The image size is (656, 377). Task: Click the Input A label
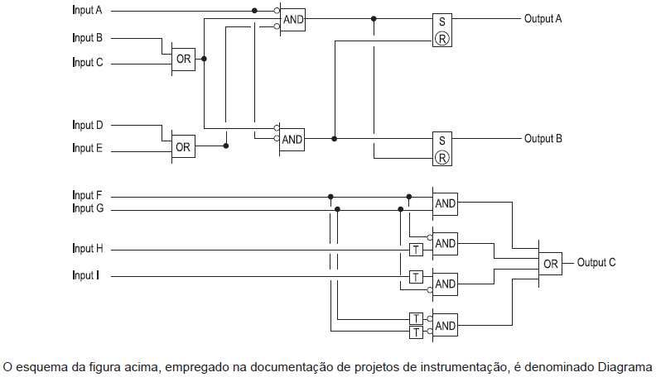pyautogui.click(x=87, y=11)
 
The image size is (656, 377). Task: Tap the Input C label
pyautogui.click(x=88, y=63)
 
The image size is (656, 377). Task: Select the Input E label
pyautogui.click(x=87, y=148)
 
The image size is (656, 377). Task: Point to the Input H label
pyautogui.click(x=88, y=249)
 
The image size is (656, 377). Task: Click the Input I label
pyautogui.click(x=85, y=275)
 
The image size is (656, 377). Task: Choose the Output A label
pyautogui.click(x=543, y=19)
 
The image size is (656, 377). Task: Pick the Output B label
pyautogui.click(x=543, y=139)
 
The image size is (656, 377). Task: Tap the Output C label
pyautogui.click(x=596, y=262)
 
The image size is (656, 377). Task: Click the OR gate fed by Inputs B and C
pyautogui.click(x=183, y=60)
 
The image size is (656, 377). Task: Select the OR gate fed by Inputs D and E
pyautogui.click(x=183, y=146)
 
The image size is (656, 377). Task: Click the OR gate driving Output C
pyautogui.click(x=550, y=264)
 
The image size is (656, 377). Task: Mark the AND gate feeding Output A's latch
pyautogui.click(x=293, y=20)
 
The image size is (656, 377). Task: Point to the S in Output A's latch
pyautogui.click(x=442, y=21)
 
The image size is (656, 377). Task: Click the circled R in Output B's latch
pyautogui.click(x=442, y=158)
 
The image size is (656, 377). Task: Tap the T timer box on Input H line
pyautogui.click(x=416, y=250)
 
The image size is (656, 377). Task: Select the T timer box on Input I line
pyautogui.click(x=416, y=277)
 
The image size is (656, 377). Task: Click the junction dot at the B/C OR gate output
pyautogui.click(x=204, y=59)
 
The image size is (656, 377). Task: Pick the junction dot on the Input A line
pyautogui.click(x=254, y=11)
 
